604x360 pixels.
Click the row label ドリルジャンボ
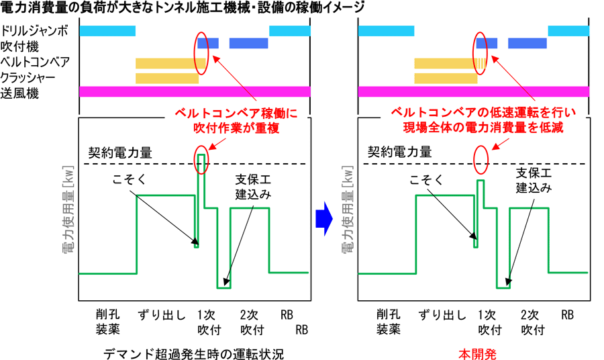click(x=34, y=31)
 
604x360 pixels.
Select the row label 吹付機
click(x=18, y=46)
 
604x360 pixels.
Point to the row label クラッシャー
click(x=30, y=77)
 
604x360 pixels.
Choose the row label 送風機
click(x=18, y=93)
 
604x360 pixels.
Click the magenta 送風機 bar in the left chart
click(x=195, y=91)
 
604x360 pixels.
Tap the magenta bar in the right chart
click(x=474, y=91)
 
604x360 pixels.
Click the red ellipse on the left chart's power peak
click(x=201, y=161)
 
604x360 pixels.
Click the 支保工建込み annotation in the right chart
click(x=533, y=181)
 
